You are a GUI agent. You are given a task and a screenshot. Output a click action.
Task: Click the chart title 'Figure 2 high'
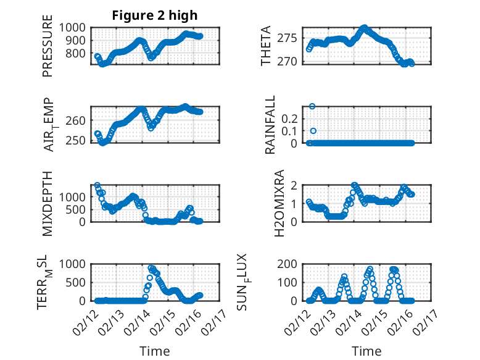click(x=154, y=15)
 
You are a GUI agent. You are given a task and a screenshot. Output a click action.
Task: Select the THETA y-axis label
click(x=266, y=46)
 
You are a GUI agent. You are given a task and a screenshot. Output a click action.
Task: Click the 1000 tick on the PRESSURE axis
click(x=74, y=27)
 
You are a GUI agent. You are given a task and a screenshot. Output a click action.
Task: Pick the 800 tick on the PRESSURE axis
click(x=78, y=53)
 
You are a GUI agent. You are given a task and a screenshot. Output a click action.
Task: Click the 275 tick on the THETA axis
click(x=289, y=38)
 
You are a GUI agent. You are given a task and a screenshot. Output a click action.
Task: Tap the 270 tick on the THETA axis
click(x=289, y=61)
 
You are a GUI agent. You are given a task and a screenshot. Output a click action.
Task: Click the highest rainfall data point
click(x=312, y=106)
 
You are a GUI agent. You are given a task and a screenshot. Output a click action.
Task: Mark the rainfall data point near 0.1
click(x=313, y=131)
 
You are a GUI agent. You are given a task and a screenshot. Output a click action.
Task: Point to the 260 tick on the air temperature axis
click(x=78, y=120)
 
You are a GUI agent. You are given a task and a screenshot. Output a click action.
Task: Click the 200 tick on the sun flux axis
click(x=289, y=264)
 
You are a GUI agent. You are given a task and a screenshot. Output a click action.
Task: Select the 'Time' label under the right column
click(x=366, y=351)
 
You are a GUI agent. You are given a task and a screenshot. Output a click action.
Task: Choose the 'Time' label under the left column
click(x=154, y=351)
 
